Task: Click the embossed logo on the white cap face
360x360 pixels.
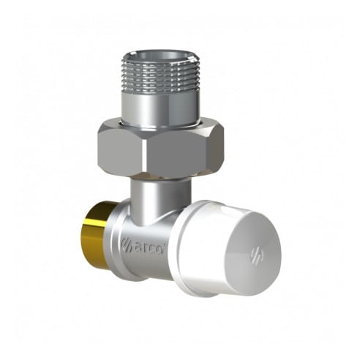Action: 258,255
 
